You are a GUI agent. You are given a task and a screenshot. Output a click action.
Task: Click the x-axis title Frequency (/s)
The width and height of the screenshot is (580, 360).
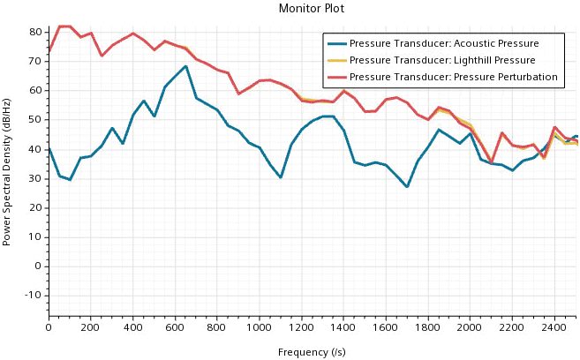click(312, 352)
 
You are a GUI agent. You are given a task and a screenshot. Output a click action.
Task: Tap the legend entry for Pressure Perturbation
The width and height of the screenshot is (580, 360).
click(453, 77)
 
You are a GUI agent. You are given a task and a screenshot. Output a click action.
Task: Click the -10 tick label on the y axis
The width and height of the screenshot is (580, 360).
click(35, 295)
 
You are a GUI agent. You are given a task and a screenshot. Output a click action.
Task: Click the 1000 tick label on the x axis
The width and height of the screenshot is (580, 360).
click(260, 327)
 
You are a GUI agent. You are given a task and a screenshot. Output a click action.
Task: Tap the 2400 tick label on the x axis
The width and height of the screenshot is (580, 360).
click(554, 327)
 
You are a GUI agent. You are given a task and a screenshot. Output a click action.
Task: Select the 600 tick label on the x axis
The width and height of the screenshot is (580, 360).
click(175, 327)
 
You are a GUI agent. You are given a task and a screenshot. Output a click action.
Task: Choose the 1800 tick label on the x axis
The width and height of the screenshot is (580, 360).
click(427, 327)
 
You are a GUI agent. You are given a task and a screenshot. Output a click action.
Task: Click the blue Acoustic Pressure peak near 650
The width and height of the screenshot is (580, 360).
click(185, 66)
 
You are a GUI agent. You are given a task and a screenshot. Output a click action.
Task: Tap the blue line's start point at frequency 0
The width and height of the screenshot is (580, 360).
click(49, 148)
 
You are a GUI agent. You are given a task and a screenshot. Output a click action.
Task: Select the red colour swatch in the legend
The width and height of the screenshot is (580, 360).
click(337, 77)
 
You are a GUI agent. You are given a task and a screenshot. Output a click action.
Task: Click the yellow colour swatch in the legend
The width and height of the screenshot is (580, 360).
click(337, 60)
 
